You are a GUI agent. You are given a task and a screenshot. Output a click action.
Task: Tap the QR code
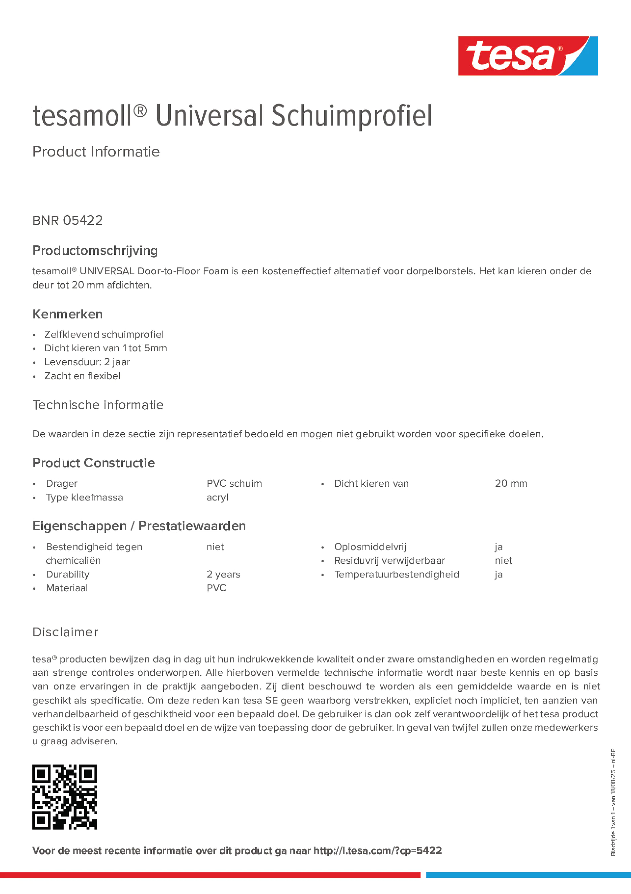coord(65,797)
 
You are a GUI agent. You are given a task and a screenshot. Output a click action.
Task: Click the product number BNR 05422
coord(68,220)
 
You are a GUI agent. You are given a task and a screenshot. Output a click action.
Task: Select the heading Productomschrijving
coord(95,250)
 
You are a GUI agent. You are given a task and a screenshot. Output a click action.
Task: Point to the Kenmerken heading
coord(68,314)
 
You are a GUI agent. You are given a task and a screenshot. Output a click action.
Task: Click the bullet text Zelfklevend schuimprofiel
coord(104,334)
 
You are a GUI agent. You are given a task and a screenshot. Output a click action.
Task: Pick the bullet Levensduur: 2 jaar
coord(87,362)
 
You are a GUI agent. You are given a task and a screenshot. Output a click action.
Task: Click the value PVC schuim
coord(234,484)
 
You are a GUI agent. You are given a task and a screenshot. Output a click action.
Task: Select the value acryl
coord(217,497)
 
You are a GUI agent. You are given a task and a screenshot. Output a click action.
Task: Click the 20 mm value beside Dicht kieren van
coord(511,484)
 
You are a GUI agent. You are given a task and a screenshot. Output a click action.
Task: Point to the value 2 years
coord(223,574)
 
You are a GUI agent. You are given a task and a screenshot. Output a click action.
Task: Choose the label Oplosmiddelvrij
coord(370,547)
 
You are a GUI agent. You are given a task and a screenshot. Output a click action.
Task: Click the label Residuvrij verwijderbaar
coord(390,561)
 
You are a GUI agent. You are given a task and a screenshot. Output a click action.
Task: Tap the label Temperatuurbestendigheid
coord(396,574)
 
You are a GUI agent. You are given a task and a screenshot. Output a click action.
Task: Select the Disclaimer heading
coord(65,632)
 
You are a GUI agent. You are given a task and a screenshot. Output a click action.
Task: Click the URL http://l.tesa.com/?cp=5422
coord(377,851)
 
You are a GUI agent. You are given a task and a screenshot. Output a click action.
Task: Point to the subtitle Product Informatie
coord(96,152)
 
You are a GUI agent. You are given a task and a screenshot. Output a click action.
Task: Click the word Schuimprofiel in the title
coord(351,116)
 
